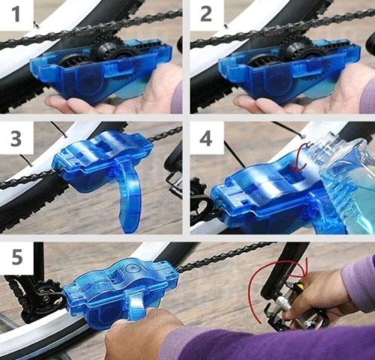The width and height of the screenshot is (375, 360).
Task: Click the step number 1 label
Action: [16, 14]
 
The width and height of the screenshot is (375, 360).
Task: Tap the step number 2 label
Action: [206, 14]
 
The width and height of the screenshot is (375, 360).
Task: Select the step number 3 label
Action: [16, 138]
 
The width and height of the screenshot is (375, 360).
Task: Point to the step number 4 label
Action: [206, 138]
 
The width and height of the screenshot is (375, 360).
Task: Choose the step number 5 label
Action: [17, 257]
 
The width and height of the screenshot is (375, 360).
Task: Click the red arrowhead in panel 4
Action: [298, 169]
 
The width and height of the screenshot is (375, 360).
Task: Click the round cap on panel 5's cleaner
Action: [132, 268]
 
